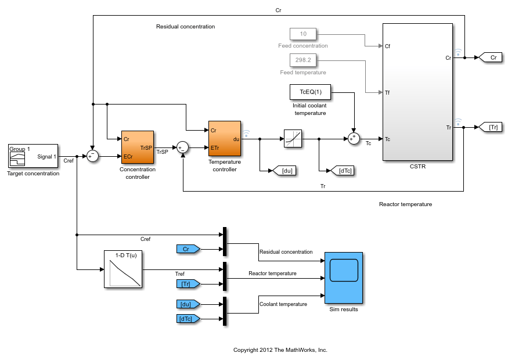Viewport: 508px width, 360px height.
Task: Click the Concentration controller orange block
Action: pos(138,147)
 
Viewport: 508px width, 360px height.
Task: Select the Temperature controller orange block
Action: pos(224,138)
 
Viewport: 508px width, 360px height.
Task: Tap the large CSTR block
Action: pos(417,92)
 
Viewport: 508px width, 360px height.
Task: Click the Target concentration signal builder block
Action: pos(33,156)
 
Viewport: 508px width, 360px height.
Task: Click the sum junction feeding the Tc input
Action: pos(353,139)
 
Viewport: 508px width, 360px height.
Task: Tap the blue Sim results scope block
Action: pos(343,278)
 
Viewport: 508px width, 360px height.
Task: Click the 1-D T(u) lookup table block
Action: pos(123,269)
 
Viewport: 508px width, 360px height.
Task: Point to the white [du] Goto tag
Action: pos(285,170)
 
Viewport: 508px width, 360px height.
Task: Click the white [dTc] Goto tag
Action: pos(342,170)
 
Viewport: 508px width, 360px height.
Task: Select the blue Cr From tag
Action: pos(188,249)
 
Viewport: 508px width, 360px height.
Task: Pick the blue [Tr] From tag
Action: pos(188,283)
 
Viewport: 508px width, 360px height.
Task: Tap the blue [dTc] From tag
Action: pos(188,318)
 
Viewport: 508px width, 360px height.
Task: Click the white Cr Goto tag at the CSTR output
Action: pos(491,57)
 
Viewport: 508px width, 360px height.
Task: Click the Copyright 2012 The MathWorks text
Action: pos(280,350)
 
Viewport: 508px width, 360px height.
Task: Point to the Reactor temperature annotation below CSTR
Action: pos(405,204)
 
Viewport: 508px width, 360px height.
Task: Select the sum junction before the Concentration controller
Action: pos(92,156)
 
